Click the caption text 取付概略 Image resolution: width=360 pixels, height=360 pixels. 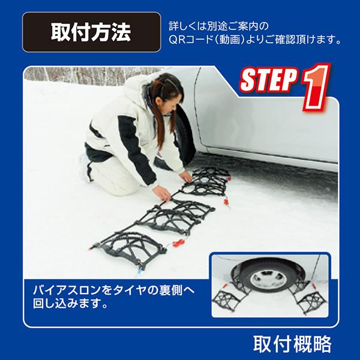[292, 344]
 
